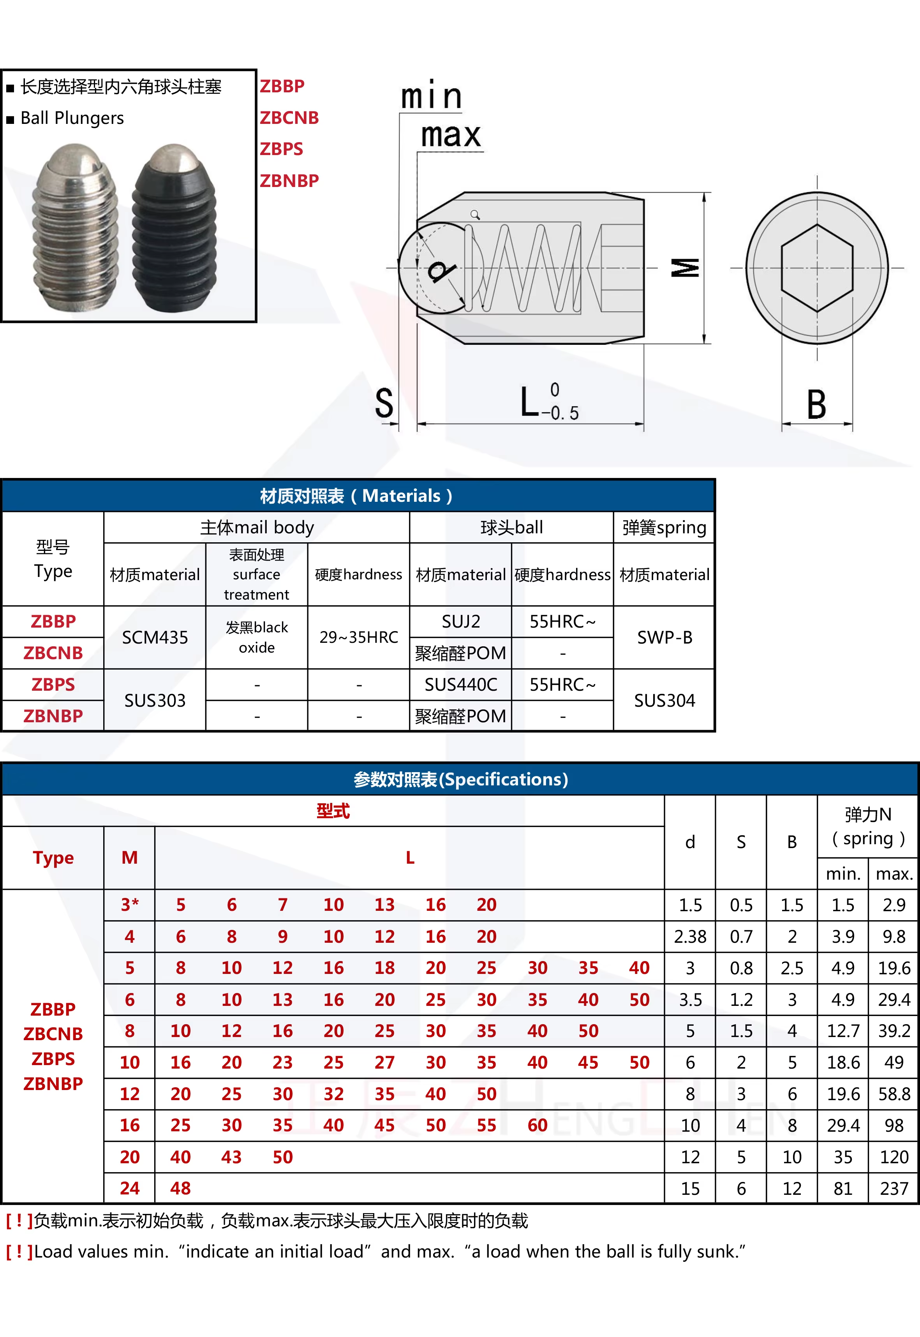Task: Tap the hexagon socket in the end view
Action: tap(817, 268)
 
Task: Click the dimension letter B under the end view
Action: tap(816, 405)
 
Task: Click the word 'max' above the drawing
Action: tap(450, 136)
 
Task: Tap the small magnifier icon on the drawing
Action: tap(475, 215)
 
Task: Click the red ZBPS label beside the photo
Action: tap(281, 149)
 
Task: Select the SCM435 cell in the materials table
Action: tap(155, 637)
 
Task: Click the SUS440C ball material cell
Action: tap(460, 684)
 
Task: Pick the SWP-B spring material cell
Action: tap(664, 637)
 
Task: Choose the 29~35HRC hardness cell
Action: tap(359, 637)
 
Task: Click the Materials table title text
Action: tap(356, 496)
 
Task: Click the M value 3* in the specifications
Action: tap(130, 905)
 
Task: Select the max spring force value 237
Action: tap(894, 1188)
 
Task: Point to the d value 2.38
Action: tap(690, 936)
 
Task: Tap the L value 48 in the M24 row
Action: tap(180, 1188)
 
